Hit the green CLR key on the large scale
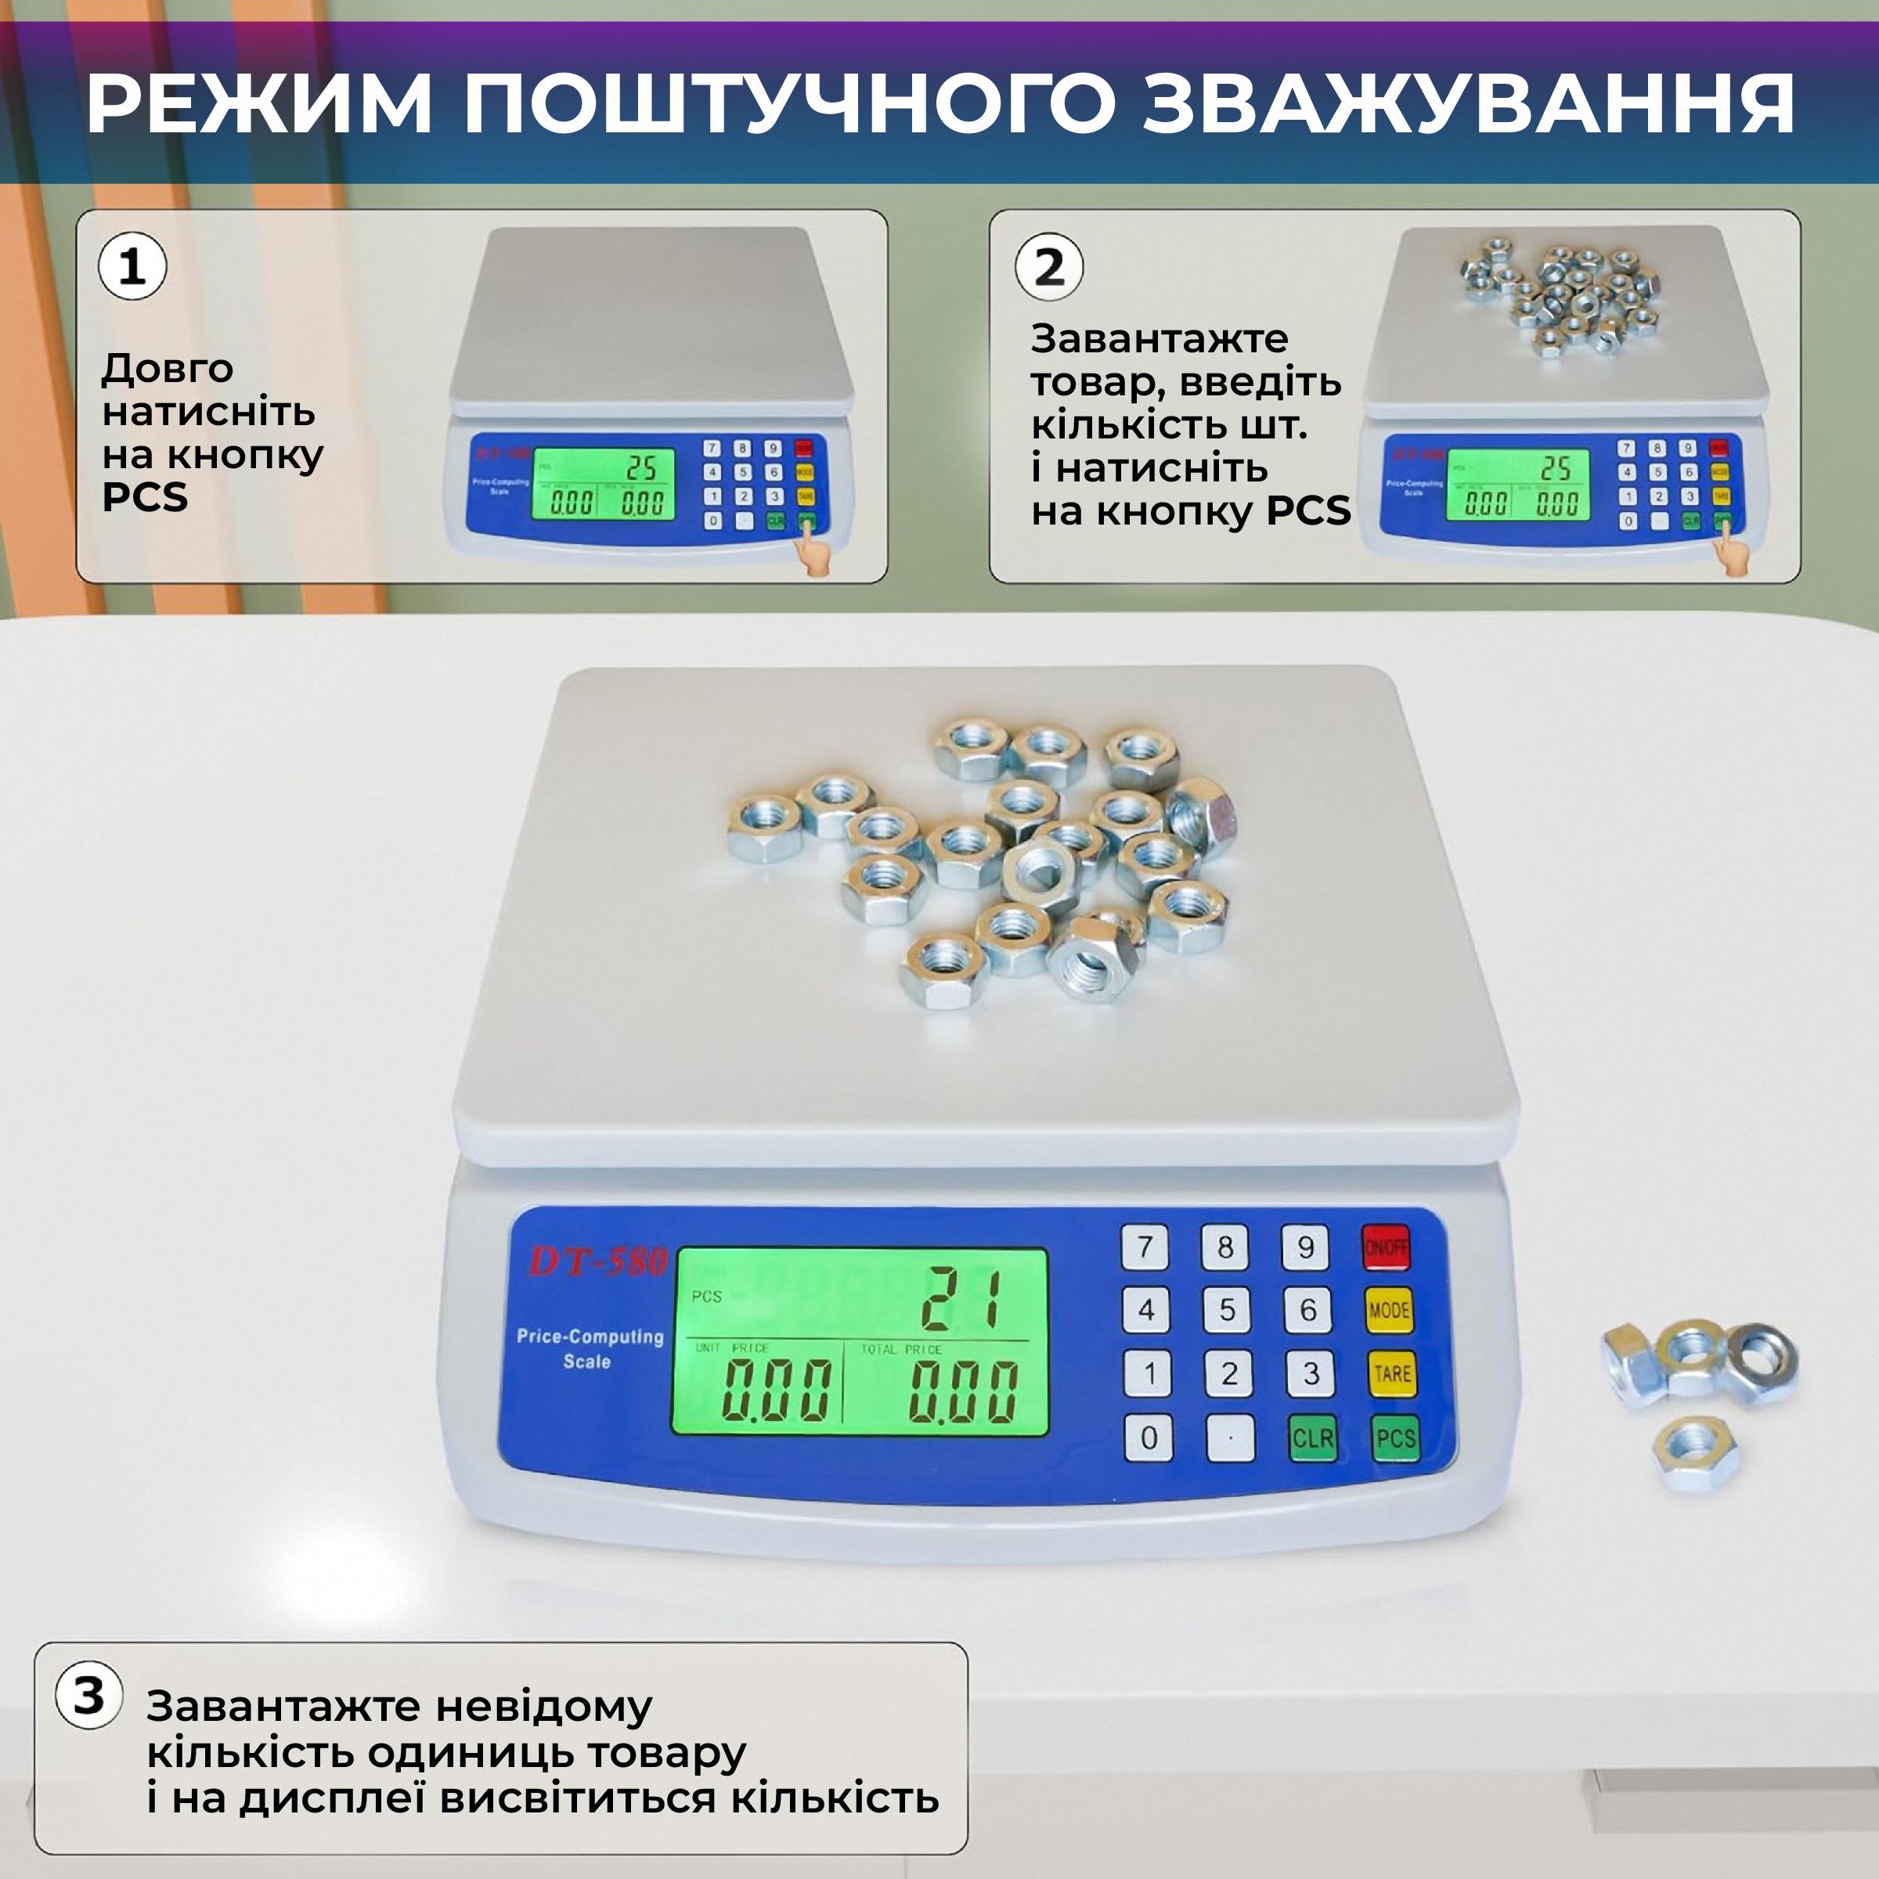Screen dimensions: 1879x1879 (1312, 1438)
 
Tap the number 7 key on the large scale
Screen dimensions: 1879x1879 (1145, 1248)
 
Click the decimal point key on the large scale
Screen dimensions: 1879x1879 (1230, 1438)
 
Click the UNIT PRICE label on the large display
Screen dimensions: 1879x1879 (731, 1348)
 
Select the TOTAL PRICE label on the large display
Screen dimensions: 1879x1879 (900, 1349)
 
